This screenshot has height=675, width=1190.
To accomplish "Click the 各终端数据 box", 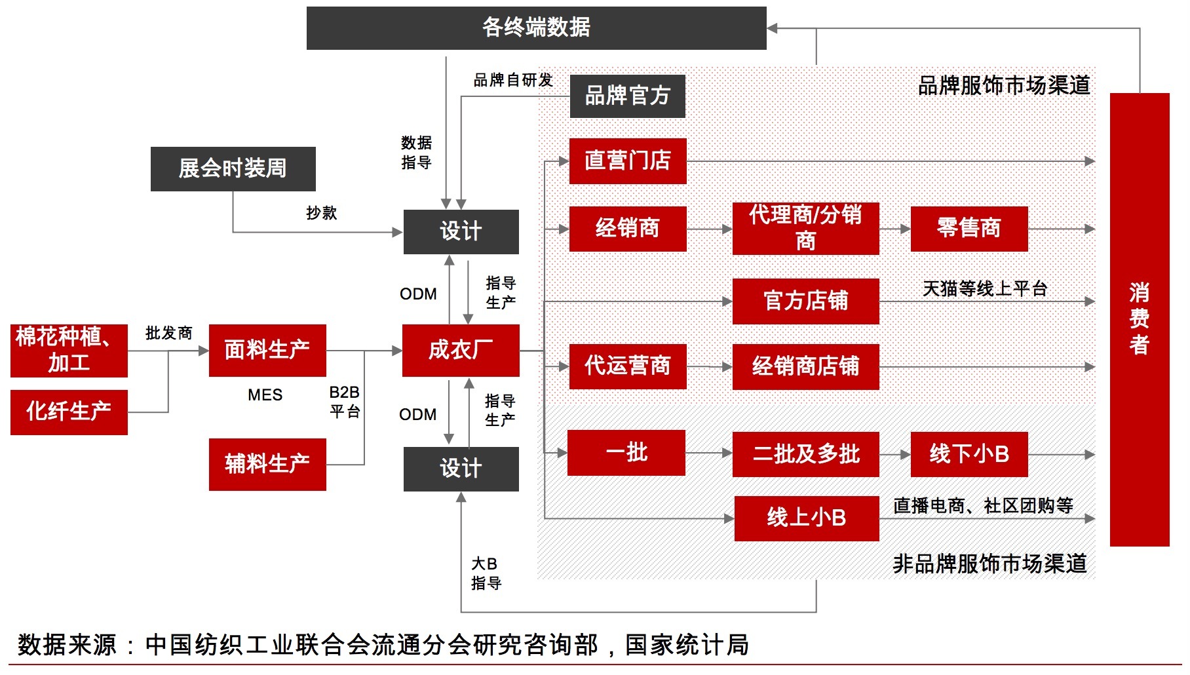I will tap(536, 28).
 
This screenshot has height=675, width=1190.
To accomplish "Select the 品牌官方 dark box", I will tap(627, 96).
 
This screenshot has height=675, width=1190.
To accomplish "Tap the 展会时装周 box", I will tap(233, 169).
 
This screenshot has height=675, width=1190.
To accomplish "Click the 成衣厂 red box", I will tap(461, 350).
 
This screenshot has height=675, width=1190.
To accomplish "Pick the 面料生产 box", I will tap(267, 350).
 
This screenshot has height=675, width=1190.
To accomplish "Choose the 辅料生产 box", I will tap(267, 464).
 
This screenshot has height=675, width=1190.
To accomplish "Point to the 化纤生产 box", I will tap(69, 412).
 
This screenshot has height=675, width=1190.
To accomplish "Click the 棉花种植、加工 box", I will tap(69, 350).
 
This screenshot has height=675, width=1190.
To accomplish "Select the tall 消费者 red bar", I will tap(1139, 319).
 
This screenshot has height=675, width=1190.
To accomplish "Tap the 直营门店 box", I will tap(627, 161).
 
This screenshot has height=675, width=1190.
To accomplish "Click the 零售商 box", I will tap(969, 229).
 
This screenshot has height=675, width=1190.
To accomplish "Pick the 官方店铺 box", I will tap(805, 301).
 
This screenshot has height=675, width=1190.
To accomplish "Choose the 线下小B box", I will tap(969, 453).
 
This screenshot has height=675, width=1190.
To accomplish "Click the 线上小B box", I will tap(806, 518).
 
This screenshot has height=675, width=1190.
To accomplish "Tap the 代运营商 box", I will tap(627, 366).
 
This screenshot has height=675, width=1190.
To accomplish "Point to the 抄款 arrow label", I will tap(321, 213).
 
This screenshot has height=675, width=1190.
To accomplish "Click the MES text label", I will tap(265, 395).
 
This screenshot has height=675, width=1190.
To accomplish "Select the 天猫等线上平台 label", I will tap(984, 288).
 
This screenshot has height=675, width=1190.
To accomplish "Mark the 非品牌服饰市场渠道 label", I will tap(989, 564).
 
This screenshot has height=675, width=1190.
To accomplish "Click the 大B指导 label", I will tap(486, 573).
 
